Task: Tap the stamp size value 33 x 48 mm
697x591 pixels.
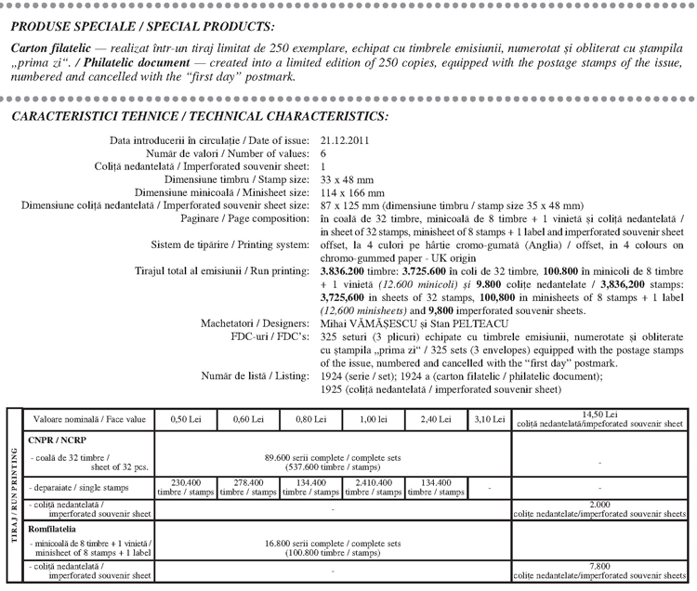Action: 347,179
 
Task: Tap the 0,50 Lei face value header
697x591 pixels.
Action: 185,420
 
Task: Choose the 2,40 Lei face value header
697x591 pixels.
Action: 435,420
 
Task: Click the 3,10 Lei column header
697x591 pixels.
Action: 488,420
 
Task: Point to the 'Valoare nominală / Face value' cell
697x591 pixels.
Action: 85,420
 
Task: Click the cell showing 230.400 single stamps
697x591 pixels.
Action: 185,487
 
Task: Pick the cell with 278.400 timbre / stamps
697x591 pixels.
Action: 248,487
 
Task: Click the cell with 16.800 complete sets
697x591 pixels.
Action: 333,546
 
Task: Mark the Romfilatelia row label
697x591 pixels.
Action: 56,527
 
